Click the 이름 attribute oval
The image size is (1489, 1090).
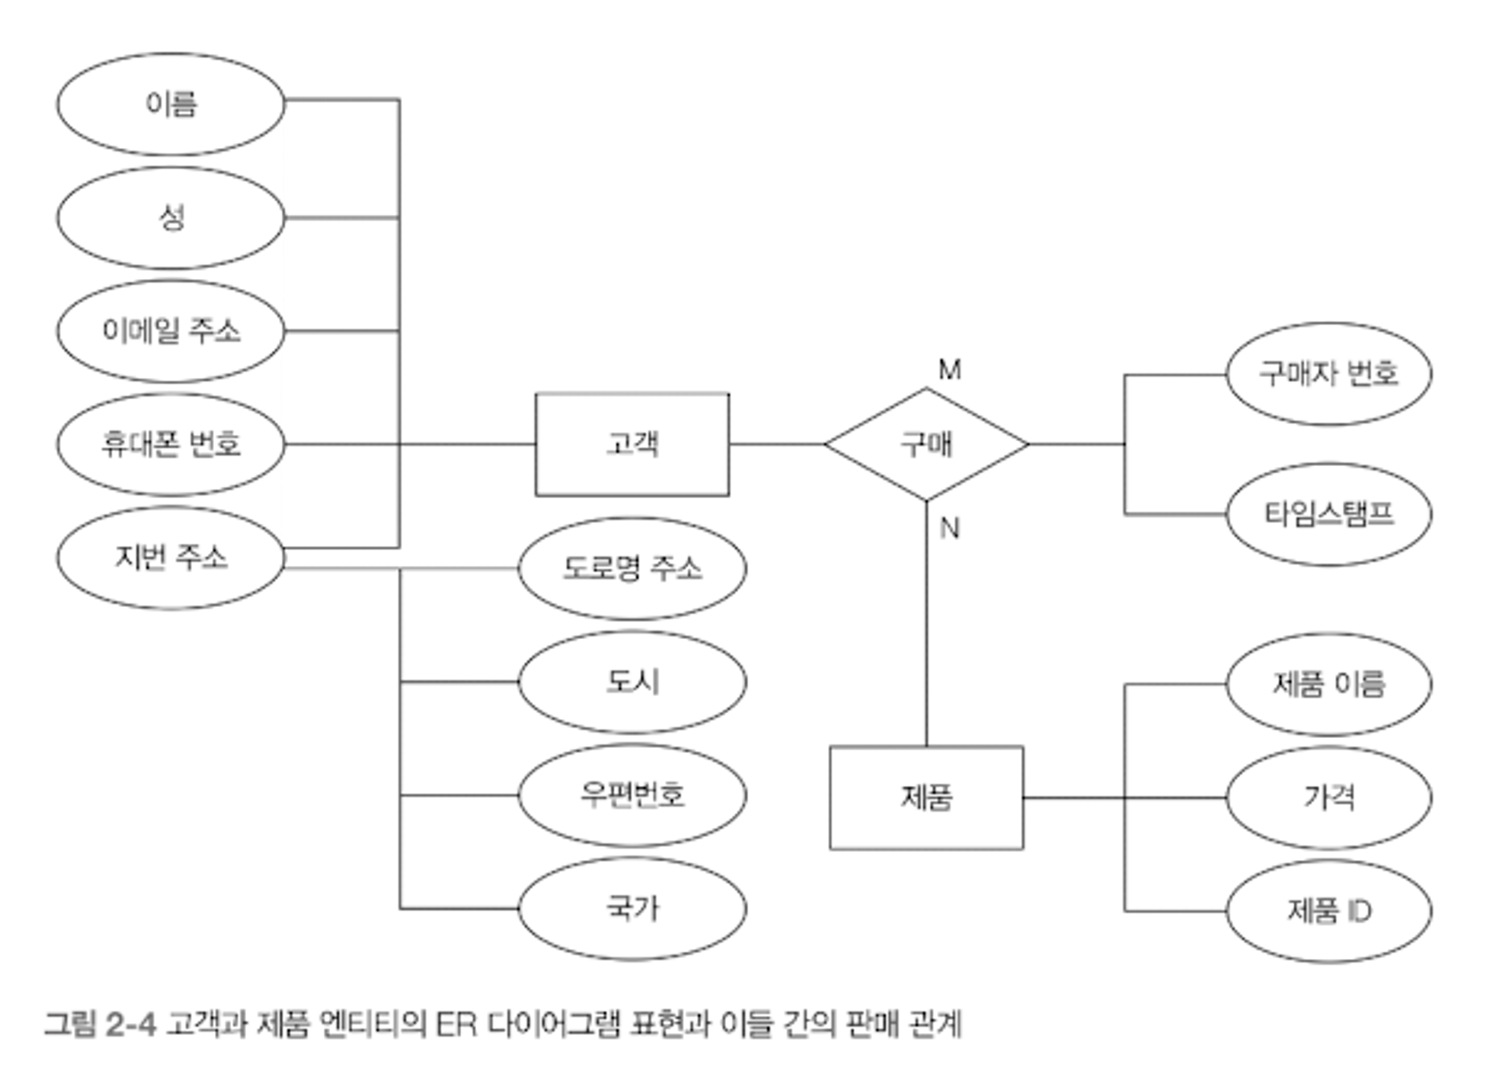click(x=170, y=103)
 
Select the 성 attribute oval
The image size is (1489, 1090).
click(x=170, y=217)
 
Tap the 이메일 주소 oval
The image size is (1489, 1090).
click(x=170, y=331)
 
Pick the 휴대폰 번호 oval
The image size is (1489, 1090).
click(x=170, y=444)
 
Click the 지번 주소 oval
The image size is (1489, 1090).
click(x=170, y=558)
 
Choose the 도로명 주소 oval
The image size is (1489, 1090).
click(x=632, y=568)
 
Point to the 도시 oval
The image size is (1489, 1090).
click(x=632, y=682)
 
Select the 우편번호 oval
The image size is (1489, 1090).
click(x=632, y=795)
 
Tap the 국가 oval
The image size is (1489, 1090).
click(x=632, y=908)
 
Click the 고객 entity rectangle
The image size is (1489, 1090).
click(x=632, y=444)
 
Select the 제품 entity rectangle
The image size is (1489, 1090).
click(x=926, y=798)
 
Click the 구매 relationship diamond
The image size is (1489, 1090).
click(x=926, y=444)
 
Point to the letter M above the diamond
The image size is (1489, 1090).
click(x=950, y=369)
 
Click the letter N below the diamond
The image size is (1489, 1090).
click(x=950, y=529)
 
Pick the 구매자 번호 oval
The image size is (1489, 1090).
click(x=1329, y=373)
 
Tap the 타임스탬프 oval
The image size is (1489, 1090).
click(x=1329, y=514)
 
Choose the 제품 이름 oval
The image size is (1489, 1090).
click(x=1329, y=684)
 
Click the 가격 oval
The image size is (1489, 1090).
click(x=1329, y=798)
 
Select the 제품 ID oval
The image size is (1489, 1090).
click(x=1329, y=911)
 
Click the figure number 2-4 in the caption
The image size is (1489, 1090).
click(x=130, y=1024)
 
